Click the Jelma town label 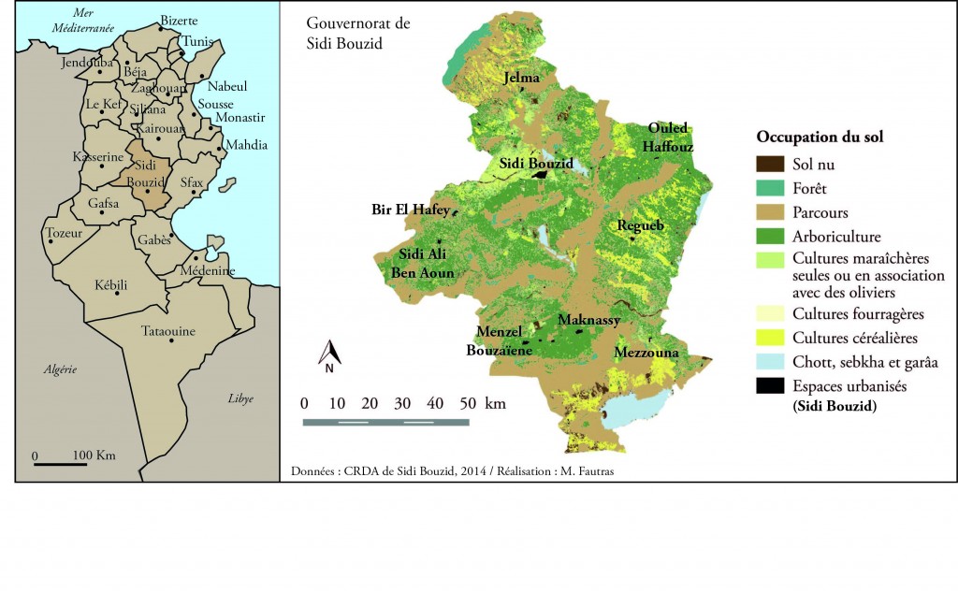coord(522,79)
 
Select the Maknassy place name coord(588,320)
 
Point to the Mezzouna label coord(646,353)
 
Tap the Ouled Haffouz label coord(668,137)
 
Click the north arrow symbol coord(329,355)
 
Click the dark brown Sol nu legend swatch coord(770,166)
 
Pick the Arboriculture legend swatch coord(770,237)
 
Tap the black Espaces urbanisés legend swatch coord(770,384)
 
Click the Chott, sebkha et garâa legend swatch coord(770,362)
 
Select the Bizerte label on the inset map coord(179,20)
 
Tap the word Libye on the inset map coord(240,398)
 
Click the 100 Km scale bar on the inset coord(61,464)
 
